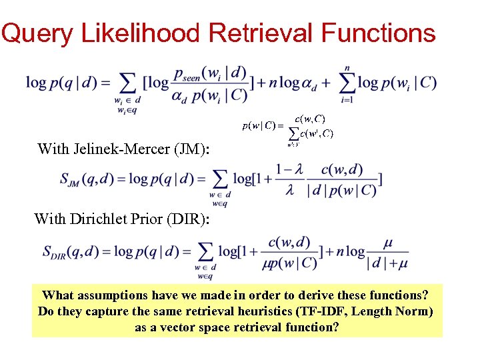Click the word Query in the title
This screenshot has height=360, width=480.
tap(37, 33)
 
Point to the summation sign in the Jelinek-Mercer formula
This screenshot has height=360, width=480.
tap(219, 179)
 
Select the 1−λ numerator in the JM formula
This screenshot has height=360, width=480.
tap(289, 170)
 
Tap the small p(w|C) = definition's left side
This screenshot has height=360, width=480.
tap(261, 125)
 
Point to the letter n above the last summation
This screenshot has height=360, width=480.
tap(347, 67)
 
